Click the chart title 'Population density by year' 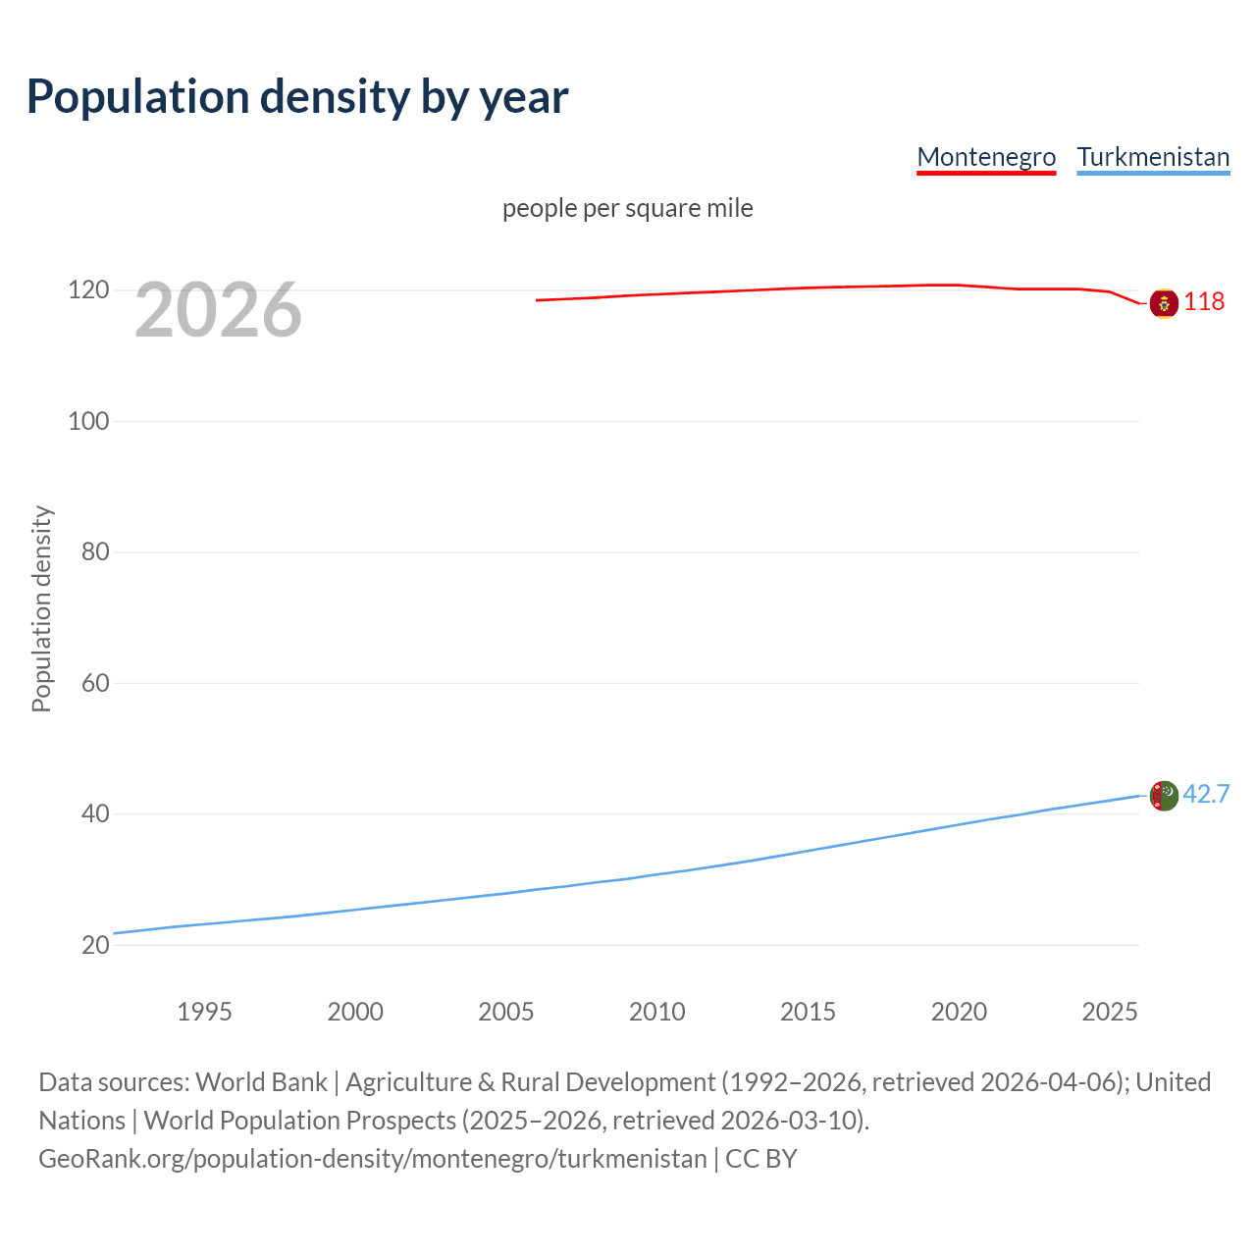pyautogui.click(x=297, y=97)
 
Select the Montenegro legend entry pyautogui.click(x=986, y=157)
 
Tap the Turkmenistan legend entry pyautogui.click(x=1153, y=157)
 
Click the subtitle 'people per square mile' pyautogui.click(x=628, y=208)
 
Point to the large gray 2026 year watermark pyautogui.click(x=218, y=310)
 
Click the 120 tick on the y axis pyautogui.click(x=88, y=290)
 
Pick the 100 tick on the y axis pyautogui.click(x=88, y=421)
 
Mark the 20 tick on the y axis pyautogui.click(x=95, y=945)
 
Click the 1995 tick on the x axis pyautogui.click(x=204, y=1012)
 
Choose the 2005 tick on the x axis pyautogui.click(x=506, y=1012)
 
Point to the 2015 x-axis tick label pyautogui.click(x=808, y=1012)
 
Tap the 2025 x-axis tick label pyautogui.click(x=1110, y=1012)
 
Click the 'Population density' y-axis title pyautogui.click(x=41, y=608)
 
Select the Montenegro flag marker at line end pyautogui.click(x=1164, y=304)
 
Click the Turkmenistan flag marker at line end pyautogui.click(x=1164, y=796)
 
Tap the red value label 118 pyautogui.click(x=1204, y=301)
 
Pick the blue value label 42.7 pyautogui.click(x=1206, y=794)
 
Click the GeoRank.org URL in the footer pyautogui.click(x=373, y=1159)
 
